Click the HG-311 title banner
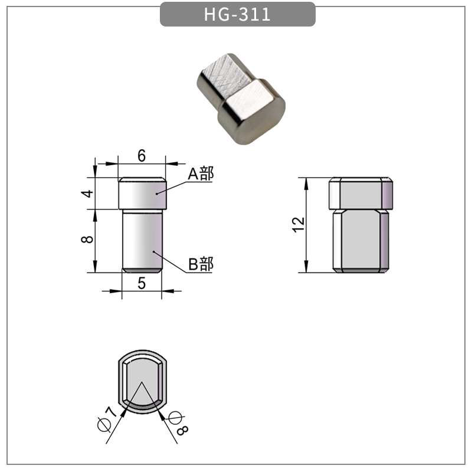coord(237,14)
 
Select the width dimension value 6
coord(142,156)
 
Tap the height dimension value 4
coord(88,194)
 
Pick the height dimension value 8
coord(88,240)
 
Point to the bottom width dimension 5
coord(142,283)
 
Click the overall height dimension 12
coord(299,224)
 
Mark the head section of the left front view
coord(142,194)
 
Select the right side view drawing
coord(360,225)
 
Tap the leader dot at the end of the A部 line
coord(157,193)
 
